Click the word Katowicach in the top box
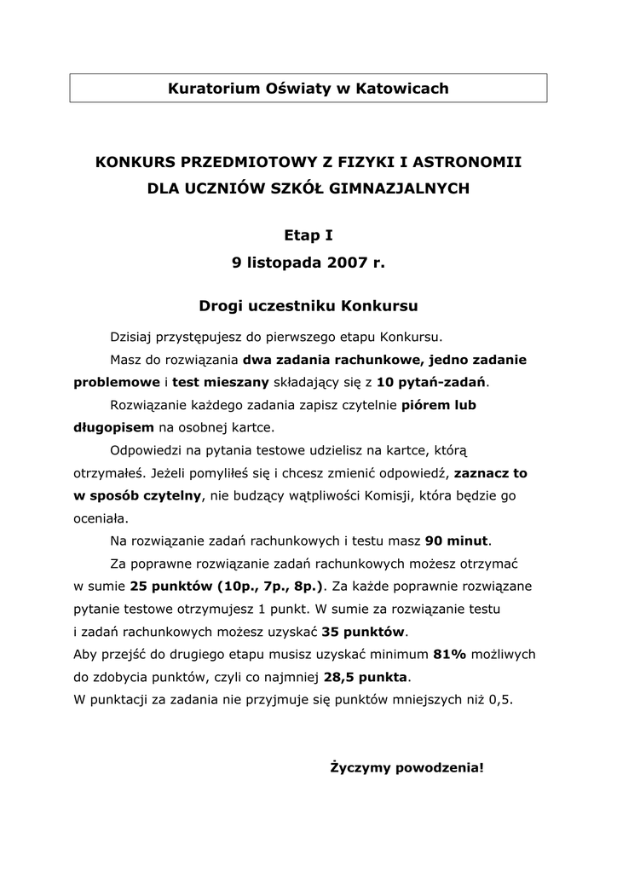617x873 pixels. tap(403, 88)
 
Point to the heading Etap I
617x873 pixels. tap(308, 234)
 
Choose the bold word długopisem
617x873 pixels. tap(114, 426)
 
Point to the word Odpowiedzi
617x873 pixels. tap(145, 449)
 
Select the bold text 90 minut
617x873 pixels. tap(458, 541)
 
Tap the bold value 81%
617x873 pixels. tap(450, 655)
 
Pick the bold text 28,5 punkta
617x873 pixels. tap(366, 678)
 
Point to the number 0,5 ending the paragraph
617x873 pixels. tap(500, 700)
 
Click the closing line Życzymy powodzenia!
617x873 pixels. tap(407, 767)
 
